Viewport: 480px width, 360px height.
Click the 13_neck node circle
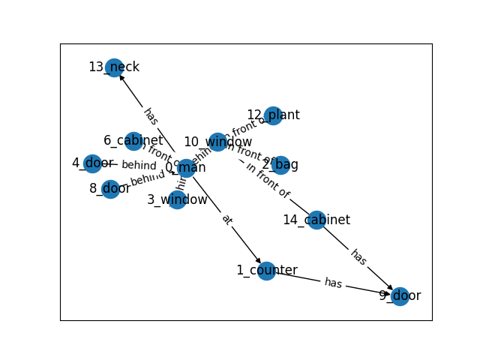(114, 68)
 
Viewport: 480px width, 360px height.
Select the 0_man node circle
(187, 168)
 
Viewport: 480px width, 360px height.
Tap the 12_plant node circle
(274, 115)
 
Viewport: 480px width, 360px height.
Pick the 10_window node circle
(217, 142)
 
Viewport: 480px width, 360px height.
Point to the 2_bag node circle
(280, 165)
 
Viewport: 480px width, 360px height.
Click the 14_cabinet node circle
(316, 220)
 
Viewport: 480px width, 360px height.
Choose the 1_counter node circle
(266, 271)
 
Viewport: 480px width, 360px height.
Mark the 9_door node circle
(400, 296)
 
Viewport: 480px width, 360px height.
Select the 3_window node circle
(177, 199)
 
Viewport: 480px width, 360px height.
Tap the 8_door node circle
(111, 188)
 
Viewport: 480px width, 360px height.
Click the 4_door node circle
(92, 163)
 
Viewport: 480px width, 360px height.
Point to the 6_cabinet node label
(133, 140)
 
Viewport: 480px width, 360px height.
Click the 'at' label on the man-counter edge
(226, 220)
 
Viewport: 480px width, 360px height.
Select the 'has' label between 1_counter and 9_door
(333, 283)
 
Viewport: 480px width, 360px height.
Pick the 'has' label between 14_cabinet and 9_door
(358, 257)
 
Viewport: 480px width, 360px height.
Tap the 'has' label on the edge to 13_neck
(151, 116)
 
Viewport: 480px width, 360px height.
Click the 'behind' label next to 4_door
(139, 165)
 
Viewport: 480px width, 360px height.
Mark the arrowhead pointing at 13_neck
(121, 77)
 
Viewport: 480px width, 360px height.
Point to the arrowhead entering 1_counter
(259, 262)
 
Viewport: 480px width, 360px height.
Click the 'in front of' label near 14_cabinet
(268, 181)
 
